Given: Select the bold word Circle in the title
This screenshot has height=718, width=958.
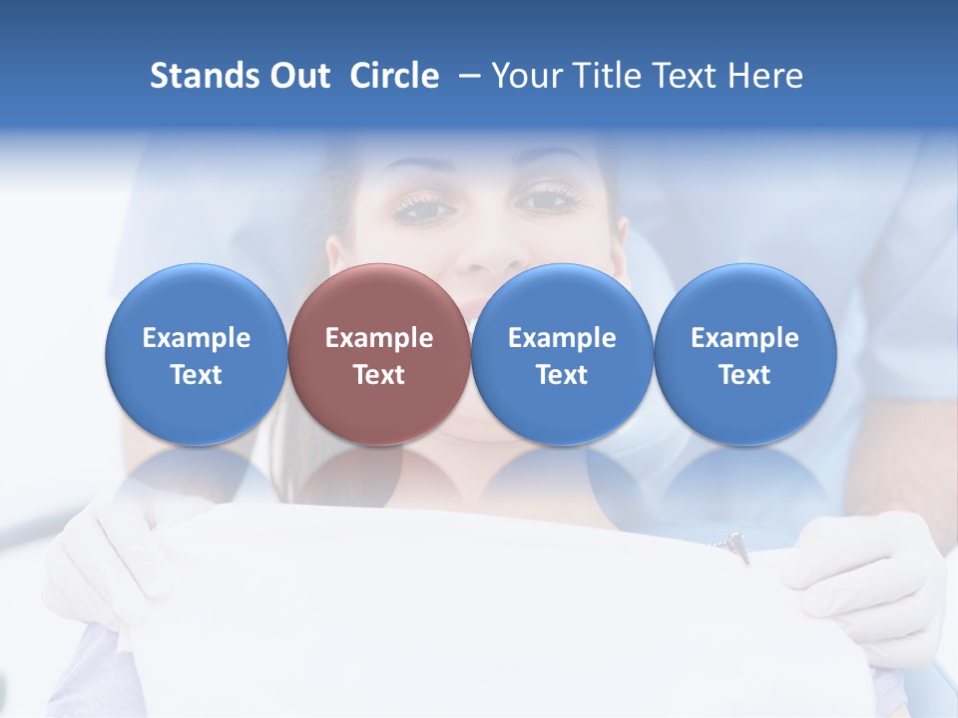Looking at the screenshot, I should (x=394, y=76).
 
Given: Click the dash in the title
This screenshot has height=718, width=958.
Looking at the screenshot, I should (x=470, y=76).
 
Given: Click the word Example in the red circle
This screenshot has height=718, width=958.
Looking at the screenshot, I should (x=379, y=338).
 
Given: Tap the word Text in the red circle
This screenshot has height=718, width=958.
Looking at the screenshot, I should (x=379, y=375).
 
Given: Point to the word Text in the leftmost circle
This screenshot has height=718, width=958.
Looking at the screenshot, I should (x=197, y=375).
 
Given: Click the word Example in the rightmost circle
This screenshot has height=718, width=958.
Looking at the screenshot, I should (x=745, y=338).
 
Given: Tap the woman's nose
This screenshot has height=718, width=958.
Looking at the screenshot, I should (x=489, y=249).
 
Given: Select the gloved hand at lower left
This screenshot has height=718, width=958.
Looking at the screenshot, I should (x=110, y=558).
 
